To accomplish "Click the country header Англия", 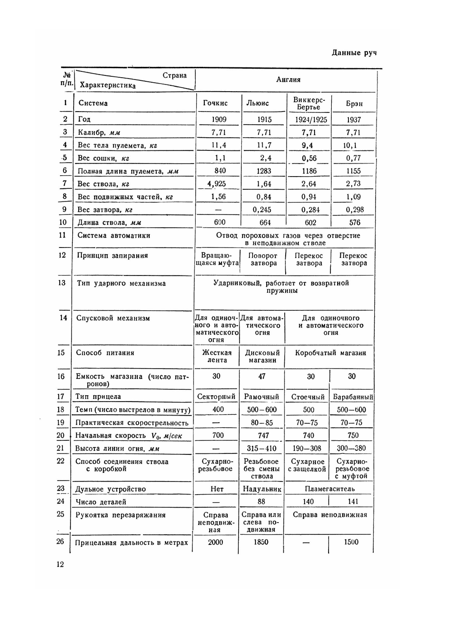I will click(x=288, y=80).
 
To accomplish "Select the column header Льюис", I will click(x=257, y=103).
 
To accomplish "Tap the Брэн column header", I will click(x=354, y=104).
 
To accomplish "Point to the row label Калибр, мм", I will click(x=99, y=132).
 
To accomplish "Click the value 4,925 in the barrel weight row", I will click(x=217, y=184).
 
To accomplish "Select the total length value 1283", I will click(x=264, y=171).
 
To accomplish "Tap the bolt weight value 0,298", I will click(x=355, y=210).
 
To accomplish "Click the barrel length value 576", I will click(x=355, y=223).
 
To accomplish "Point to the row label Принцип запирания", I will click(x=113, y=256).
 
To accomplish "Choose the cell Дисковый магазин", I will click(x=263, y=356).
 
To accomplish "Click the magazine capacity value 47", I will click(x=262, y=376).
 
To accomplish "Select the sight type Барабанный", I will click(x=353, y=397).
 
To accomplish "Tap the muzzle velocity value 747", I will click(x=263, y=435).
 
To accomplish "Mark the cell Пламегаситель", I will click(x=330, y=489).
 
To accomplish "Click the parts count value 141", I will click(x=353, y=501).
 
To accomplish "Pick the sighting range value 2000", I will click(x=216, y=542).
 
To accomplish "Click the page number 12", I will click(x=60, y=564).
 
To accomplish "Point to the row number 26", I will click(x=61, y=542).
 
